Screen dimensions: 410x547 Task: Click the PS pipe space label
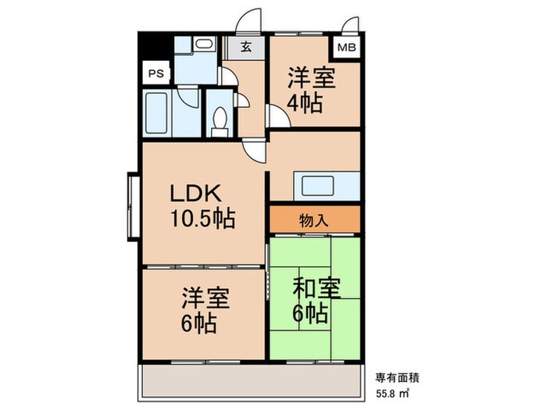156,73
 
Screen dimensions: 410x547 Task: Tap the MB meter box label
346,48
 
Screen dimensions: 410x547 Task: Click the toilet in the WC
220,119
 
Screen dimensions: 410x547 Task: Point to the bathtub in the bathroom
159,114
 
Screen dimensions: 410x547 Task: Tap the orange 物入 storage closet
314,220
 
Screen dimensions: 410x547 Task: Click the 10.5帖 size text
202,219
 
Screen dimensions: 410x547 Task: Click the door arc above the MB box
352,22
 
